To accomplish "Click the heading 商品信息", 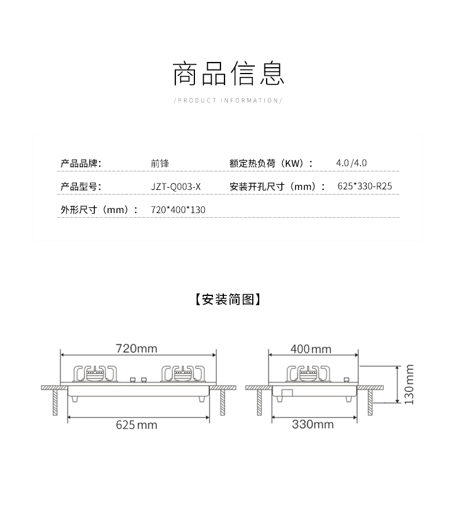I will (x=228, y=74).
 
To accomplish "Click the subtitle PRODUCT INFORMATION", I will (x=228, y=100).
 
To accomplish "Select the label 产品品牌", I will (x=81, y=163).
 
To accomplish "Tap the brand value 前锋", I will (x=160, y=163).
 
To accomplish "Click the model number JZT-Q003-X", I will (x=176, y=186).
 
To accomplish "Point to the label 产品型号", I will (x=81, y=186).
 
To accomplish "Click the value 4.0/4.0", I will (x=351, y=163).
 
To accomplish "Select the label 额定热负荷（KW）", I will (x=271, y=163).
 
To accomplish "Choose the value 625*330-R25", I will (x=368, y=186).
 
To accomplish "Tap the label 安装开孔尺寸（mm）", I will (x=274, y=186).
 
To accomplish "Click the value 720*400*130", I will (x=178, y=210).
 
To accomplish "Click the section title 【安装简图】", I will (x=228, y=299).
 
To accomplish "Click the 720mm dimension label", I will (x=137, y=349).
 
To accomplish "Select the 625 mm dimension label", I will (x=137, y=424).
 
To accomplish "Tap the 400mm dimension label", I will (x=311, y=349).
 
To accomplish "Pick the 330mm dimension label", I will (x=312, y=424).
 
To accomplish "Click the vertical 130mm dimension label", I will (x=409, y=384).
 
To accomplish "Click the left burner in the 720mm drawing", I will (x=95, y=374).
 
